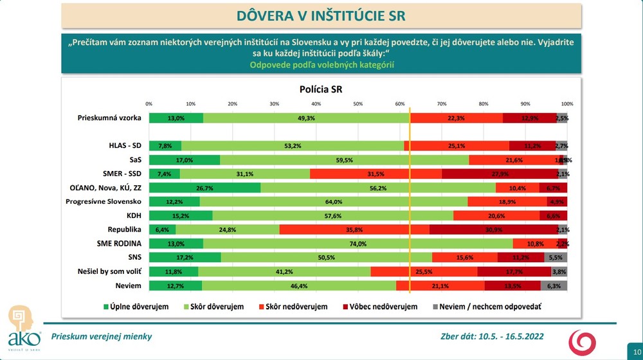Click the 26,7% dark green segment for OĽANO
[204, 188]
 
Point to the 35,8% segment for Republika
[354, 230]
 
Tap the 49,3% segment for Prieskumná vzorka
[306, 118]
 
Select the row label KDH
[134, 216]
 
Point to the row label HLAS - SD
[126, 145]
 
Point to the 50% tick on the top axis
[358, 104]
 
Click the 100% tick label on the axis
[566, 104]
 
